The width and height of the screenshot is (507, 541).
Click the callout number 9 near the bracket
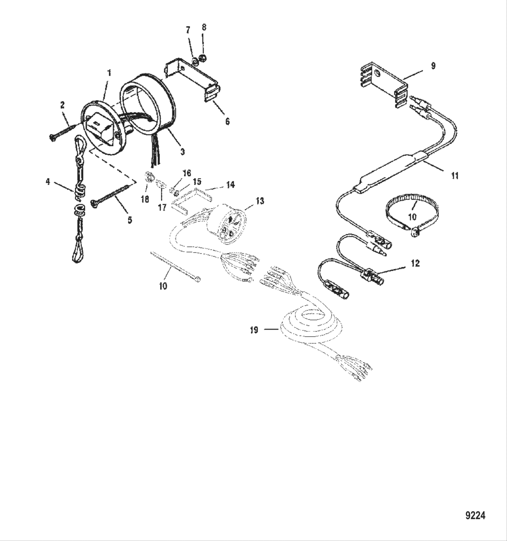pyautogui.click(x=433, y=66)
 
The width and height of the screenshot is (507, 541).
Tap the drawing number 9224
pyautogui.click(x=475, y=515)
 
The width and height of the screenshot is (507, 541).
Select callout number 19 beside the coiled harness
pyautogui.click(x=254, y=330)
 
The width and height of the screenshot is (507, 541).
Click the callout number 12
pyautogui.click(x=415, y=263)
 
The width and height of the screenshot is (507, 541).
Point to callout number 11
pyautogui.click(x=455, y=176)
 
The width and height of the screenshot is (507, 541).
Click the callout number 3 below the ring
pyautogui.click(x=182, y=152)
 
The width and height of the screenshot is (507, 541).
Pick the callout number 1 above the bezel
pyautogui.click(x=109, y=72)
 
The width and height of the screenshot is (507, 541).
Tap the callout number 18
pyautogui.click(x=144, y=199)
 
